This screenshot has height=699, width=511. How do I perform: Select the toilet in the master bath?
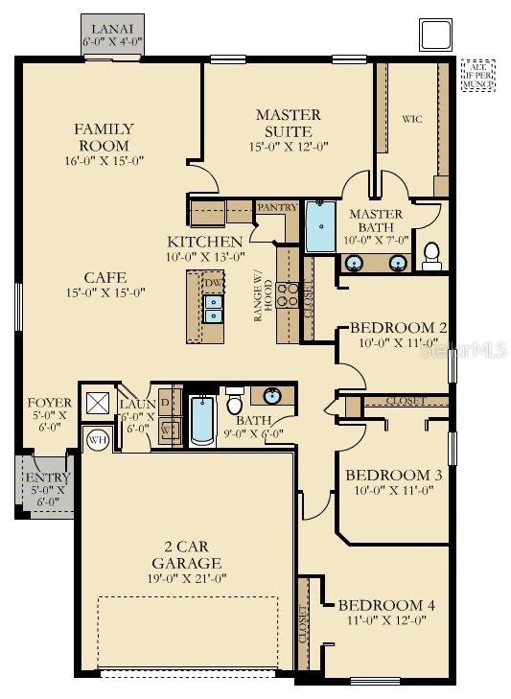pyautogui.click(x=431, y=253)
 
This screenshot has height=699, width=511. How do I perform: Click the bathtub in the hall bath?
pyautogui.click(x=201, y=422)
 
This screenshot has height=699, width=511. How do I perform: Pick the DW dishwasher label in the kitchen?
pyautogui.click(x=212, y=284)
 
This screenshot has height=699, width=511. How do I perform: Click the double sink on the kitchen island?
pyautogui.click(x=213, y=309)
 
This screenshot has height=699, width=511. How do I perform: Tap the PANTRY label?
pyautogui.click(x=276, y=207)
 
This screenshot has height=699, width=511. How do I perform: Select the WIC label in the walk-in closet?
pyautogui.click(x=410, y=119)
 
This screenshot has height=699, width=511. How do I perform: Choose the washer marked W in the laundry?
pyautogui.click(x=166, y=429)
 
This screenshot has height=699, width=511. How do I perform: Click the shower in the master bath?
pyautogui.click(x=320, y=226)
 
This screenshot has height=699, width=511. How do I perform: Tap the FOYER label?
pyautogui.click(x=48, y=409)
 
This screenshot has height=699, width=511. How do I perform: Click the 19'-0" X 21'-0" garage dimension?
pyautogui.click(x=186, y=580)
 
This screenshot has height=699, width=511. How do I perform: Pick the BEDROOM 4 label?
pyautogui.click(x=386, y=605)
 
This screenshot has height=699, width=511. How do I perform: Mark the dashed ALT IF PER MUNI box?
pyautogui.click(x=478, y=73)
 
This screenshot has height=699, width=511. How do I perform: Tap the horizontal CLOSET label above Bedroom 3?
pyautogui.click(x=406, y=400)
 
